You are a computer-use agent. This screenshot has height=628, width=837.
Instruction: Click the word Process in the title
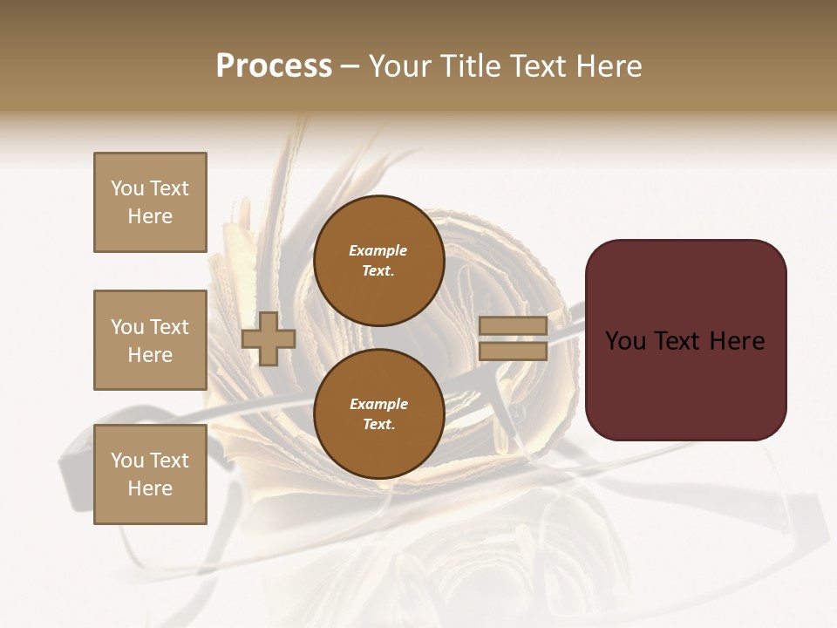(274, 66)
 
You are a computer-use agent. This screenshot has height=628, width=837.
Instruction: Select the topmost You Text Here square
(150, 202)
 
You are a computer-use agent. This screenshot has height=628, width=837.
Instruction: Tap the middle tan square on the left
(150, 340)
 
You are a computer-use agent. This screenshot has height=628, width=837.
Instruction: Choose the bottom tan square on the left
(150, 474)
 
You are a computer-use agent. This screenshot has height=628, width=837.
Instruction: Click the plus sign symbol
(268, 338)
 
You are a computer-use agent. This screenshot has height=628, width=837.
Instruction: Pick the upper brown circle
(378, 261)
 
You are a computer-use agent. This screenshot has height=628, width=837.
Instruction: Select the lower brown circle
(378, 414)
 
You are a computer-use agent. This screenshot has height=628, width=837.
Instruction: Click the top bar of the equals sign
(513, 326)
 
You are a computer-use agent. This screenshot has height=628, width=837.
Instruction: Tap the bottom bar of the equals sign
(513, 351)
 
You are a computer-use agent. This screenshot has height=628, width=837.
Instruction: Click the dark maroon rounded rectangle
(685, 384)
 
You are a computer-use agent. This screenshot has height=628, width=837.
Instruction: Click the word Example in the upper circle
(378, 250)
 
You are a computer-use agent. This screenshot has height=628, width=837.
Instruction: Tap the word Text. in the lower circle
(378, 425)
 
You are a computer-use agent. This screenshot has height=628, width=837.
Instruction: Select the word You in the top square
(126, 188)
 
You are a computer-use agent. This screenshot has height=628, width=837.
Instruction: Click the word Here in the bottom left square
(150, 488)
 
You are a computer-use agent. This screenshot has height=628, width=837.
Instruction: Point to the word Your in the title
(404, 66)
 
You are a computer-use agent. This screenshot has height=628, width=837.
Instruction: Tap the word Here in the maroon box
(737, 340)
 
